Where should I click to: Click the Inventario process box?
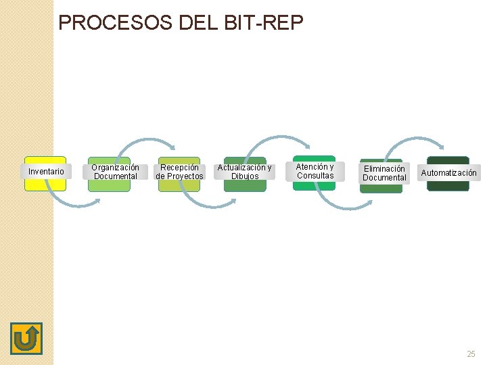(46, 172)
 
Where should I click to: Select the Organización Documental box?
(115, 172)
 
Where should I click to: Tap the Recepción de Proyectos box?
(179, 172)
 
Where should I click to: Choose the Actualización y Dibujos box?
(244, 172)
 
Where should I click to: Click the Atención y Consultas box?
(315, 172)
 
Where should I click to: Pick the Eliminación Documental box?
(384, 174)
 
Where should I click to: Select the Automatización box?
(448, 173)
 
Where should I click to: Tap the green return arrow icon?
(26, 339)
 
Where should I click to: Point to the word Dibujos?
(245, 176)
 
